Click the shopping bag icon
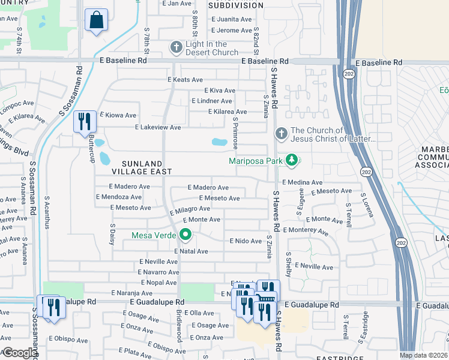pyautogui.click(x=96, y=20)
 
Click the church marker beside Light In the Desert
pyautogui.click(x=176, y=47)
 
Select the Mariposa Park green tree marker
pyautogui.click(x=292, y=160)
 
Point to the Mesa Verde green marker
pyautogui.click(x=185, y=235)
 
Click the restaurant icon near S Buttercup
pyautogui.click(x=83, y=122)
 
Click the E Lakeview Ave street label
pyautogui.click(x=158, y=128)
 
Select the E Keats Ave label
pyautogui.click(x=185, y=79)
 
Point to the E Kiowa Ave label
pyautogui.click(x=118, y=115)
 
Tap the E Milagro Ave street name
pyautogui.click(x=189, y=211)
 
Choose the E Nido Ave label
pyautogui.click(x=246, y=241)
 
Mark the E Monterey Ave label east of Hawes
pyautogui.click(x=306, y=231)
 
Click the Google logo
pyautogui.click(x=20, y=353)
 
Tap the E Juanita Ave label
pyautogui.click(x=232, y=19)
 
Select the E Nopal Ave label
pyautogui.click(x=158, y=282)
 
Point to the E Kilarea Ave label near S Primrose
pyautogui.click(x=228, y=112)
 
